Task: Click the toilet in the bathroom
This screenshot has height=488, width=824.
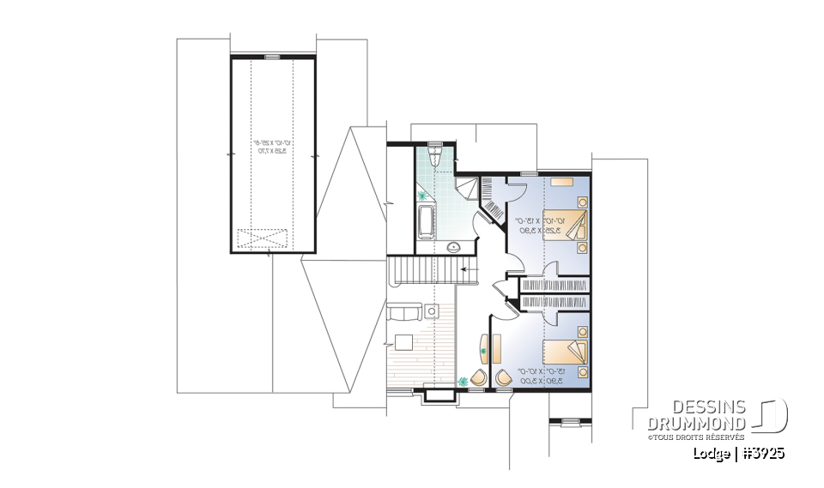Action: [435, 155]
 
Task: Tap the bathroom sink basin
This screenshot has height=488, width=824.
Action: [455, 248]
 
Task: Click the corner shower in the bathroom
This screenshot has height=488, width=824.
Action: [466, 188]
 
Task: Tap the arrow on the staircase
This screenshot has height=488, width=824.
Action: [467, 269]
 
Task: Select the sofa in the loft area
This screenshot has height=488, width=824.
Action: [403, 312]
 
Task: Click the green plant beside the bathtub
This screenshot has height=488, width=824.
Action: [422, 196]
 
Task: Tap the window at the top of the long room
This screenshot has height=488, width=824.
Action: [272, 57]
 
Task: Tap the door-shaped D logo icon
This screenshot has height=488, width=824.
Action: [772, 417]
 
